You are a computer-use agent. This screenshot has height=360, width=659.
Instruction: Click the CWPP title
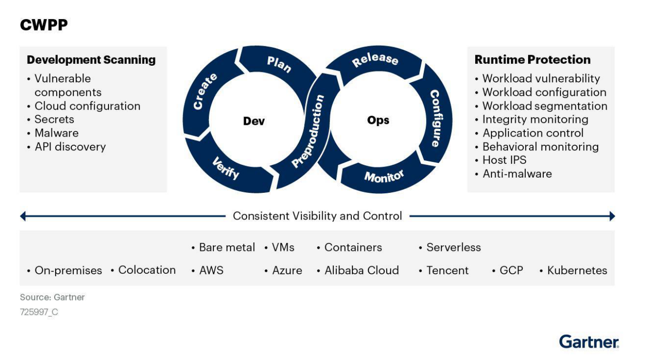pyautogui.click(x=44, y=25)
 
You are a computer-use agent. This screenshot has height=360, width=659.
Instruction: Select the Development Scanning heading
pyautogui.click(x=91, y=60)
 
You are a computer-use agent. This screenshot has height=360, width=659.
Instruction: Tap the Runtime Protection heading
pyautogui.click(x=532, y=60)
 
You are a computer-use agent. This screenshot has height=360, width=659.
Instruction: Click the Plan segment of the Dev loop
pyautogui.click(x=279, y=64)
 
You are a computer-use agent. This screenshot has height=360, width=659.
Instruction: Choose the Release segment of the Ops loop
pyautogui.click(x=375, y=59)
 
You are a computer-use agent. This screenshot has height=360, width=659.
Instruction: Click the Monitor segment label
pyautogui.click(x=384, y=176)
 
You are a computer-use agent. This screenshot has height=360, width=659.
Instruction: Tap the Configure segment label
pyautogui.click(x=434, y=118)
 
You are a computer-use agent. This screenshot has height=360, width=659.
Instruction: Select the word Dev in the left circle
pyautogui.click(x=254, y=121)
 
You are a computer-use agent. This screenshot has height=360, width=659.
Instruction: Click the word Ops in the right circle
pyautogui.click(x=378, y=120)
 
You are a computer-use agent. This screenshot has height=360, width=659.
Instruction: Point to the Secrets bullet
pyautogui.click(x=54, y=120)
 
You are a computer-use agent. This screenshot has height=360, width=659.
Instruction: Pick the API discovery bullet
pyautogui.click(x=70, y=147)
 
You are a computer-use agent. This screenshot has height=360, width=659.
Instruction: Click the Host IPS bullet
pyautogui.click(x=504, y=160)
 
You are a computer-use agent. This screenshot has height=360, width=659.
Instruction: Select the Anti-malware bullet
pyautogui.click(x=517, y=174)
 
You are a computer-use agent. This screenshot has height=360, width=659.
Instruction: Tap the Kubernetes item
pyautogui.click(x=577, y=270)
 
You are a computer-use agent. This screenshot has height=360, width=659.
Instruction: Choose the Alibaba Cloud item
pyautogui.click(x=361, y=270)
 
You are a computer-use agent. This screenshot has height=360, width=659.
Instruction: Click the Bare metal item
pyautogui.click(x=227, y=248)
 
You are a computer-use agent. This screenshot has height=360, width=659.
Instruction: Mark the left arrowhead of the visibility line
pyautogui.click(x=23, y=217)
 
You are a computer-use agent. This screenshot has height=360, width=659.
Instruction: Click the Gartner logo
pyautogui.click(x=589, y=342)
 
